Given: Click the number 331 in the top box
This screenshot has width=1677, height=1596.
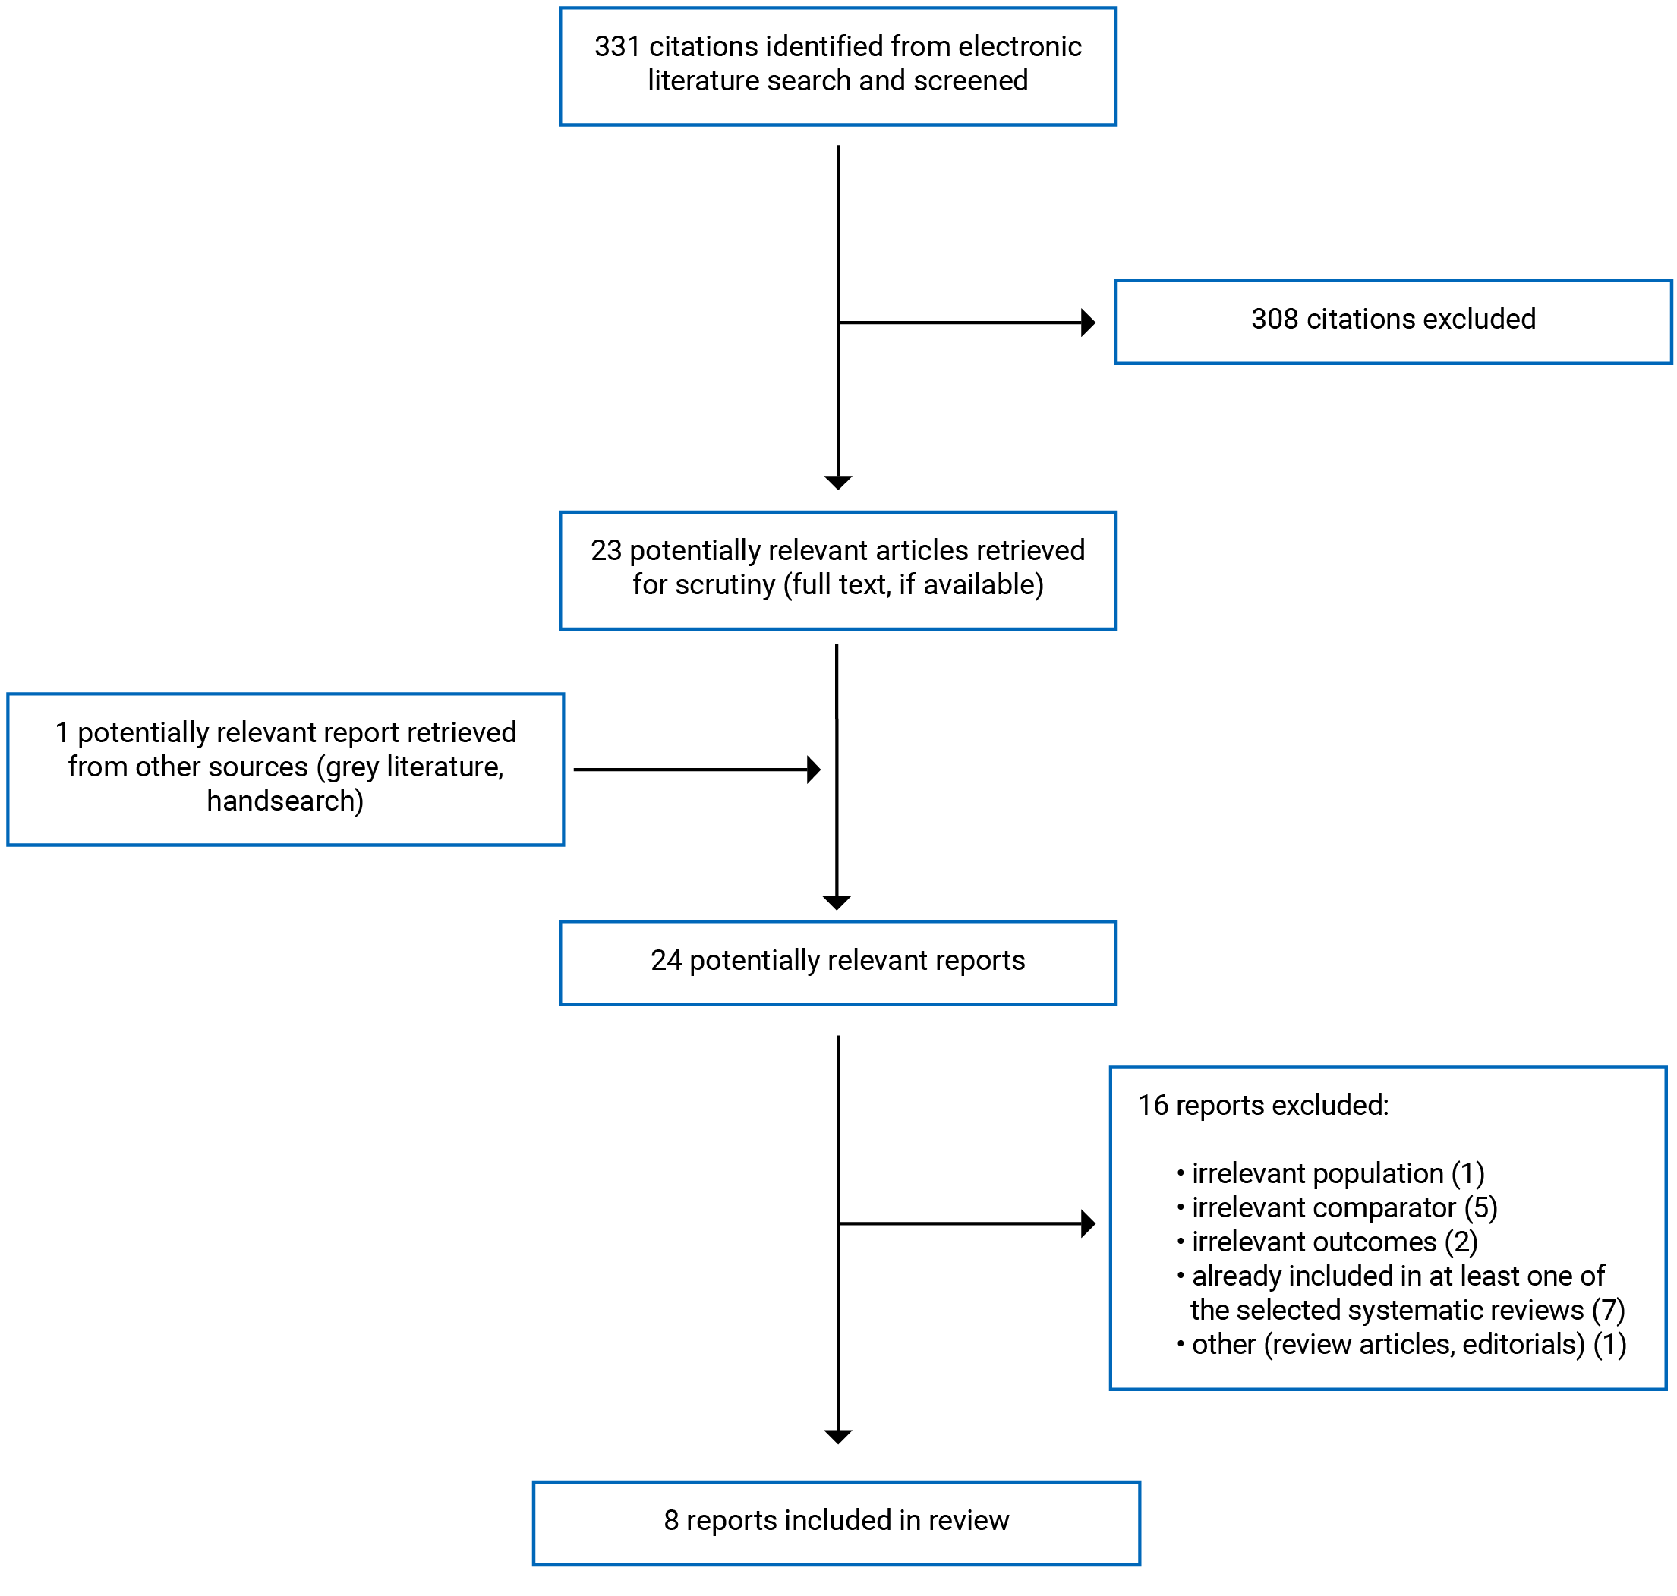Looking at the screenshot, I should click(x=616, y=47).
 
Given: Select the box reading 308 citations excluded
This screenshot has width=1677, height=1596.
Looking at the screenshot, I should click(x=1392, y=322).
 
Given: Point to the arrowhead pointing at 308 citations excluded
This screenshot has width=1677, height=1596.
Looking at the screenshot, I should click(x=1087, y=323).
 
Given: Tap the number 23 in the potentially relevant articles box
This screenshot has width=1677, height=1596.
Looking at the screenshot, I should click(x=606, y=550).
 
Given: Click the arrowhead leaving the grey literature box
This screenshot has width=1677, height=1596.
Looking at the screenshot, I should click(x=813, y=769).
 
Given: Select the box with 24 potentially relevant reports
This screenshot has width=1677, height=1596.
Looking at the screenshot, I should click(x=837, y=962).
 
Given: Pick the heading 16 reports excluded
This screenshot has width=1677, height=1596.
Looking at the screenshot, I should click(x=1262, y=1104).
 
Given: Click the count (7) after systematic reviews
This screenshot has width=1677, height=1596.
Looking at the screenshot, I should click(x=1607, y=1309).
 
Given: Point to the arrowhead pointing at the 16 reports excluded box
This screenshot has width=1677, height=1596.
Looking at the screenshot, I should click(x=1087, y=1223).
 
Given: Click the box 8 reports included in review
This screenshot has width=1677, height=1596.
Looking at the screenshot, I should click(x=836, y=1520).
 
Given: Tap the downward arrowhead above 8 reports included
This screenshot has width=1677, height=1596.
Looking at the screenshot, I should click(x=837, y=1437).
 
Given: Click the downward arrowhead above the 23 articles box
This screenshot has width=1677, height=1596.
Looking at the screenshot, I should click(x=837, y=483).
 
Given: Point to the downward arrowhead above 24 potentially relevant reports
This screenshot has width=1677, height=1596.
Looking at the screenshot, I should click(x=837, y=902).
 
